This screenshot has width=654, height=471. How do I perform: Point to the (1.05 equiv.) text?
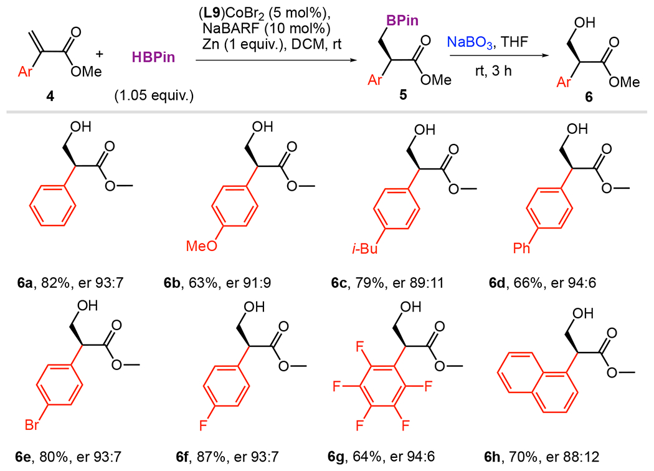(x=154, y=97)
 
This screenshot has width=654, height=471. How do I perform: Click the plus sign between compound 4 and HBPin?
(x=98, y=55)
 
